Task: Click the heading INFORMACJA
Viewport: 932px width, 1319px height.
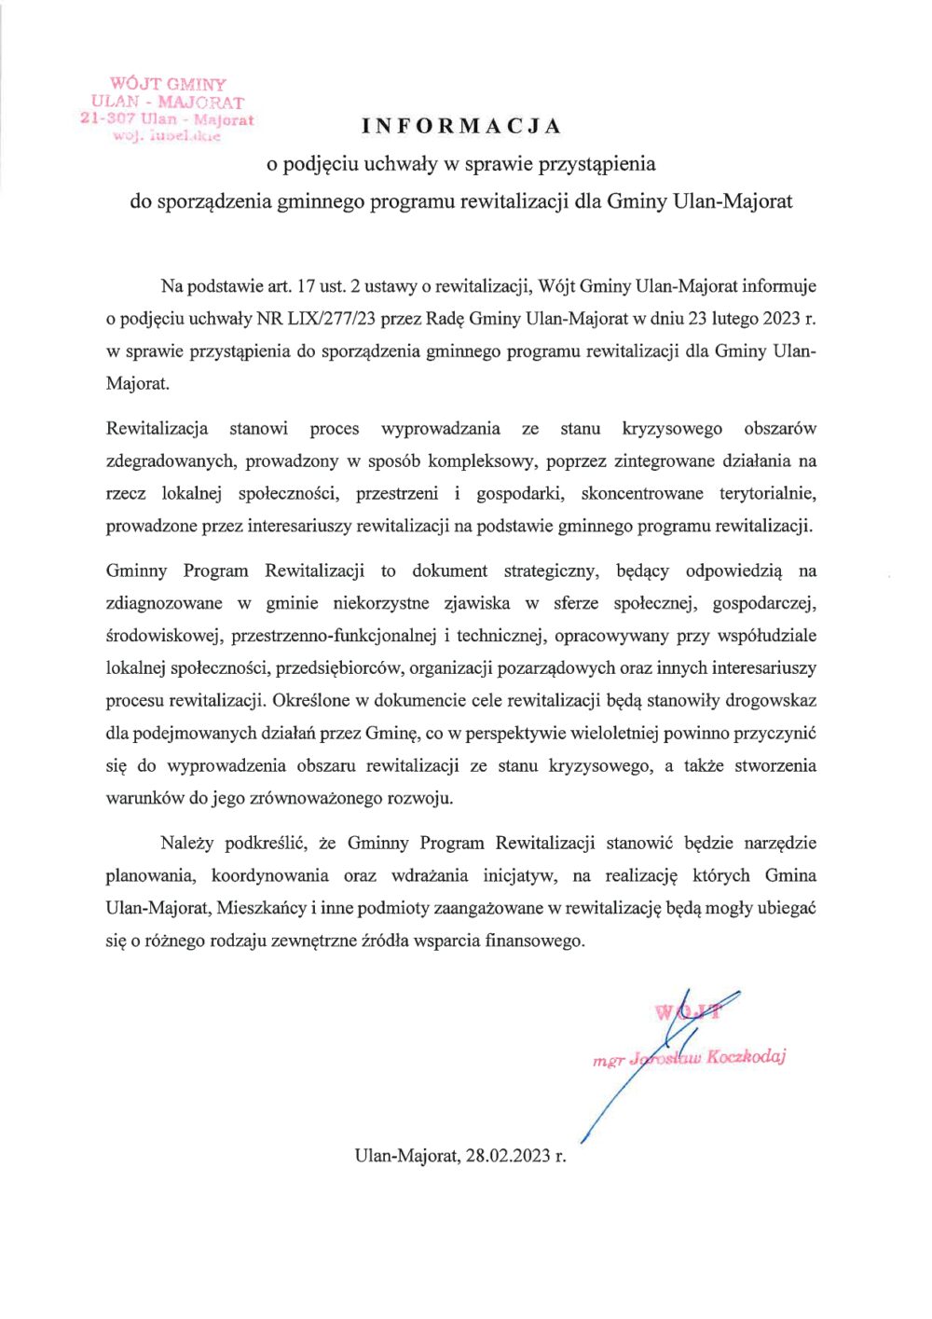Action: click(x=462, y=126)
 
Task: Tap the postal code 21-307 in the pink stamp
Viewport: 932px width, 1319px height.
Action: click(x=108, y=119)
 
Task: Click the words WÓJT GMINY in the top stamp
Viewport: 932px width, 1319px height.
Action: click(x=168, y=84)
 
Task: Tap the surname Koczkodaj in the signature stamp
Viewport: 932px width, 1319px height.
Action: click(x=746, y=1056)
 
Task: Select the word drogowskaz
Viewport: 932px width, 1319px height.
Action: click(x=771, y=701)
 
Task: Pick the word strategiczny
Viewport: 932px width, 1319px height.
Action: click(x=553, y=570)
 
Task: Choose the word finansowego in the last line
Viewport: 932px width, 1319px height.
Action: click(x=534, y=941)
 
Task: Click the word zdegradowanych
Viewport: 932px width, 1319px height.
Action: click(x=171, y=460)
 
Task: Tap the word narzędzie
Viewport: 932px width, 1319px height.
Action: click(x=780, y=844)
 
